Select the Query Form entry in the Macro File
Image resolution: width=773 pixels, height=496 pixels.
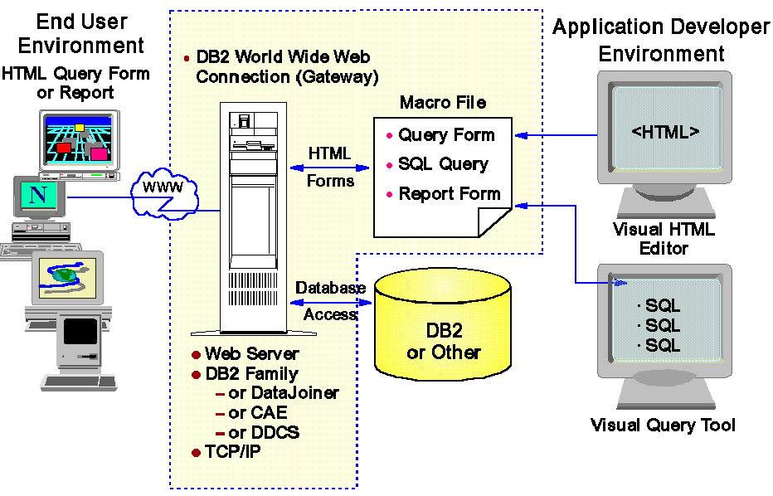click(x=445, y=135)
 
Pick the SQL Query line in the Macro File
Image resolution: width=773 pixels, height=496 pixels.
click(x=443, y=164)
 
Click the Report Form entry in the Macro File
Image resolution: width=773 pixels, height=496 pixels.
click(x=449, y=194)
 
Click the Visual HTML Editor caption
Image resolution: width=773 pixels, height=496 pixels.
click(x=664, y=238)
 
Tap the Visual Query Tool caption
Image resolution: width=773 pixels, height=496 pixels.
click(x=663, y=425)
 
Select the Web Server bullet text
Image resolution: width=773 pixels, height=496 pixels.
click(x=251, y=354)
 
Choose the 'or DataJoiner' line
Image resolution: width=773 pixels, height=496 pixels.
click(x=283, y=393)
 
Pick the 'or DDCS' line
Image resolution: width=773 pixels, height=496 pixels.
click(x=263, y=432)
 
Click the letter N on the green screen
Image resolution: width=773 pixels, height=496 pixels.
click(x=37, y=196)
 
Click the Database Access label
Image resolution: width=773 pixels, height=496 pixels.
click(x=331, y=300)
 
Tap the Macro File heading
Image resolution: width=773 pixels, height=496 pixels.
click(x=442, y=104)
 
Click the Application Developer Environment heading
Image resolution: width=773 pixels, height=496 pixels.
click(x=661, y=41)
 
